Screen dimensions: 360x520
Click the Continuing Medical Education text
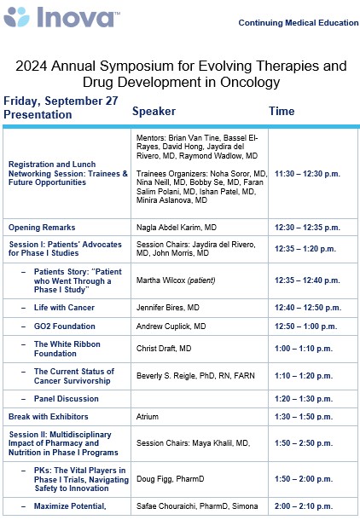[x=299, y=23]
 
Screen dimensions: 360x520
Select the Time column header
[x=282, y=112]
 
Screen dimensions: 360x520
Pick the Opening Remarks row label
[x=42, y=228]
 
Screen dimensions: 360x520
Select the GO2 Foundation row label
[x=69, y=326]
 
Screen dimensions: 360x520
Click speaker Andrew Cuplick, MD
[x=171, y=326]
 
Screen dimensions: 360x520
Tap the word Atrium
[x=148, y=417]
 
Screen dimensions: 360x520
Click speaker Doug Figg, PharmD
[x=170, y=481]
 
